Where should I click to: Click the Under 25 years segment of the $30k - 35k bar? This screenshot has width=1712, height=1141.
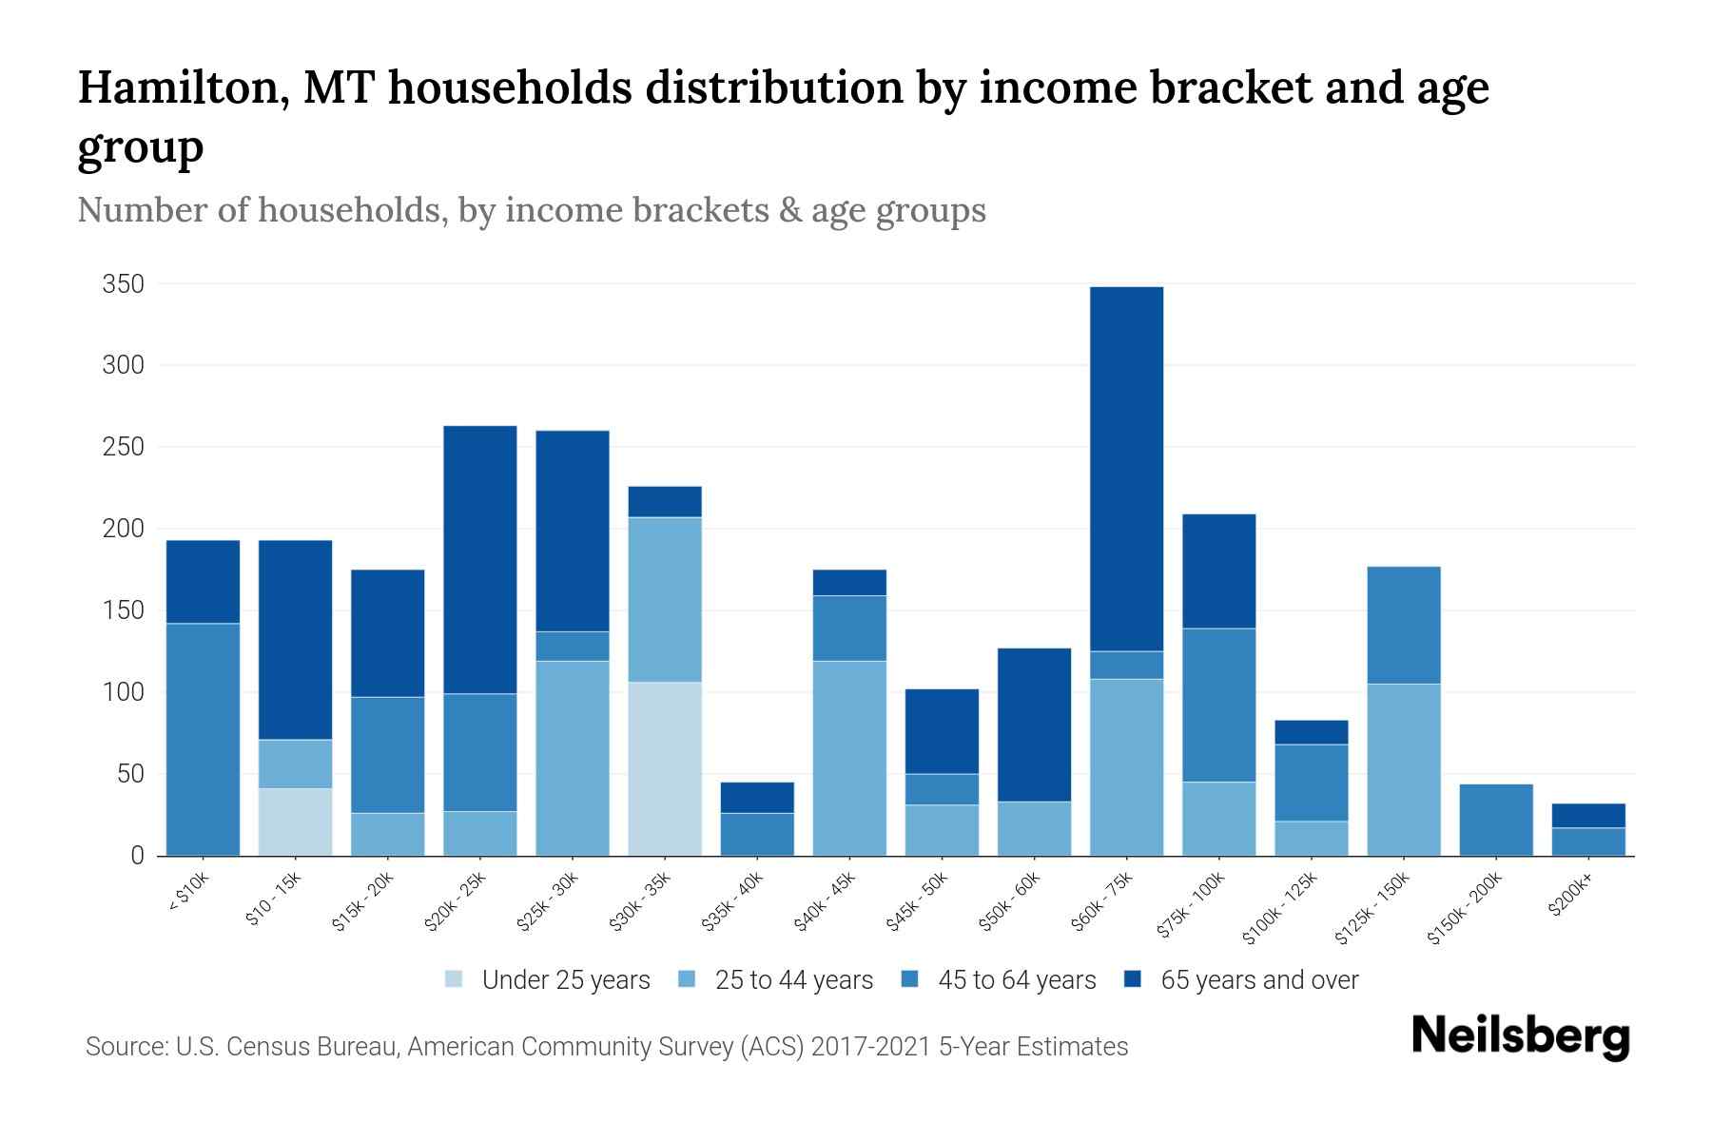pos(665,768)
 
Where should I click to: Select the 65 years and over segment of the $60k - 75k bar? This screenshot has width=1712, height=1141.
pos(1126,469)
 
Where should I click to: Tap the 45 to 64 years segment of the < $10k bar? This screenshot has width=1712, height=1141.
pos(203,739)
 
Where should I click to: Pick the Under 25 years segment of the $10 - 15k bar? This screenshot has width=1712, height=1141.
pos(295,822)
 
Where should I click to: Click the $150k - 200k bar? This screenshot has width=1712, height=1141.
pos(1495,820)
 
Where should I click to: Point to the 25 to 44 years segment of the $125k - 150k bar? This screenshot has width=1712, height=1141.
pos(1403,769)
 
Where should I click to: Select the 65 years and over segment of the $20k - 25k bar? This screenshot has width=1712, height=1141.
pos(480,559)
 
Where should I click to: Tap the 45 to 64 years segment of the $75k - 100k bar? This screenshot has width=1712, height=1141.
pos(1218,705)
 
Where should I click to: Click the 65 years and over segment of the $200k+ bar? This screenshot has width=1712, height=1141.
pos(1587,816)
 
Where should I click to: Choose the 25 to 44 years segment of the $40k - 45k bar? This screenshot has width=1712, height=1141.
pos(849,758)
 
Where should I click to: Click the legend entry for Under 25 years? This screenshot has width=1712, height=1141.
pos(548,980)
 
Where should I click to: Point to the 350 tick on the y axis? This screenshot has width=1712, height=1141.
pos(124,284)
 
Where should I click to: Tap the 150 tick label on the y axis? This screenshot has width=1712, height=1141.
pos(124,610)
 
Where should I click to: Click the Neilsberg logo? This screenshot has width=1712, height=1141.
pos(1520,1036)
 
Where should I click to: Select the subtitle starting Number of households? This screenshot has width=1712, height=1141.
pos(531,210)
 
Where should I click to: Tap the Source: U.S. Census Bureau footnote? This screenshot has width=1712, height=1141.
pos(606,1047)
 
